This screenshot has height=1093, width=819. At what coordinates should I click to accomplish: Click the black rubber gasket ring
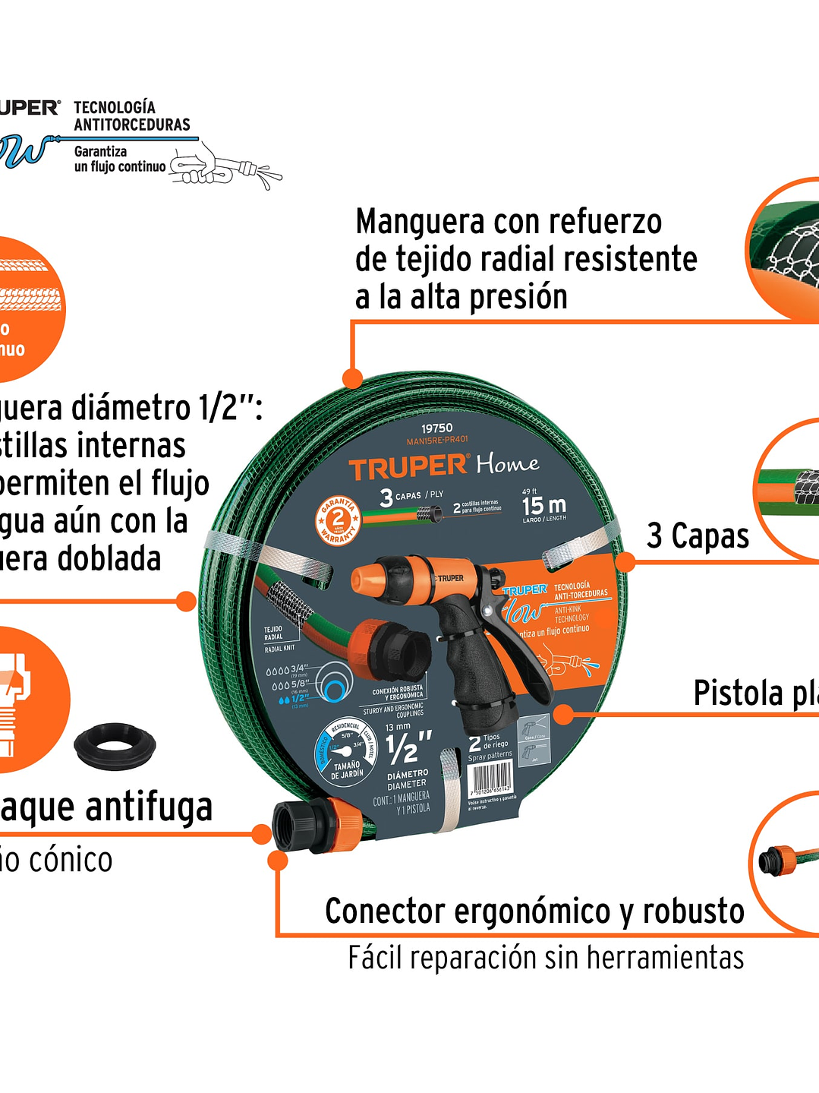115,744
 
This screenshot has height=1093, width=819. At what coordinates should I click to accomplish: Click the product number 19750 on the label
437,428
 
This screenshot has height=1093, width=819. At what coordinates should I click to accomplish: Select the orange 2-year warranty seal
338,521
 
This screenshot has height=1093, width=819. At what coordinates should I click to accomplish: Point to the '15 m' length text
543,505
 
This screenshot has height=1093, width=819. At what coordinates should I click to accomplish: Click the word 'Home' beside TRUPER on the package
508,463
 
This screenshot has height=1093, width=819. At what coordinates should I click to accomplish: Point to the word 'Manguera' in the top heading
420,223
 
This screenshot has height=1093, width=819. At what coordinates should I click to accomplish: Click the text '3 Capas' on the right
698,536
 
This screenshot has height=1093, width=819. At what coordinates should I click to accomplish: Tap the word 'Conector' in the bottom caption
384,911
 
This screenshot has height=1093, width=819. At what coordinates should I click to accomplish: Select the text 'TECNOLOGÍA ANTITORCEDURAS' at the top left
131,116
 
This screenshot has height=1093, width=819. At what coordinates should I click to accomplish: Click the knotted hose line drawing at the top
225,168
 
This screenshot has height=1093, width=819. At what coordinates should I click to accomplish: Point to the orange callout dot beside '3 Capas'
625,562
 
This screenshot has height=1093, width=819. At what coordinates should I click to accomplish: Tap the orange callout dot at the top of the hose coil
352,377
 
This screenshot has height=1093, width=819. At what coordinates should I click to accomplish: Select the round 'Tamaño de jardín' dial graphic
346,753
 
